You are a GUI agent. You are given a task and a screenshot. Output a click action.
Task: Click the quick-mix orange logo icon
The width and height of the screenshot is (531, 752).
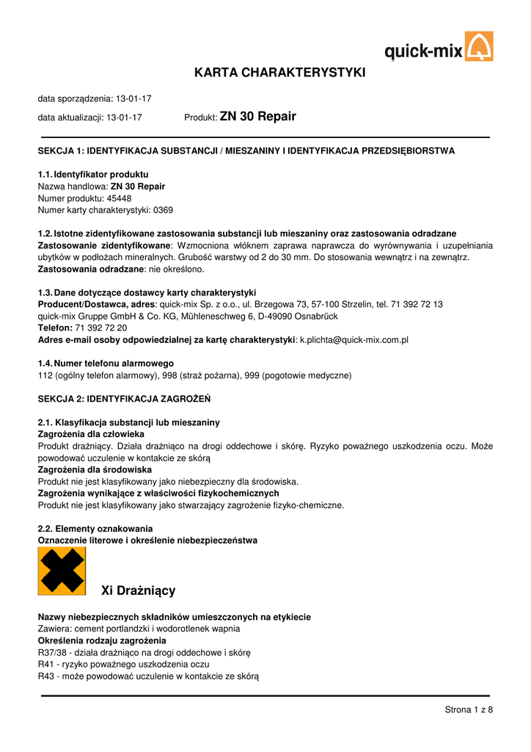point(480,46)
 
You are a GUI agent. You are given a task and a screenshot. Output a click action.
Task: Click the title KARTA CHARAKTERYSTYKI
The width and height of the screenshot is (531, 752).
point(279,73)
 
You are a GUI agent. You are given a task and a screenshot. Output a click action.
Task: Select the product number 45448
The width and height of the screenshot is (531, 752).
point(119,198)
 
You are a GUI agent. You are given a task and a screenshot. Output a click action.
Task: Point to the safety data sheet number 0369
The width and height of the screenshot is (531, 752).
point(163,210)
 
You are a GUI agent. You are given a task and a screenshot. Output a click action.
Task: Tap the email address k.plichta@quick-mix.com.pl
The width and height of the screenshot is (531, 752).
point(354,340)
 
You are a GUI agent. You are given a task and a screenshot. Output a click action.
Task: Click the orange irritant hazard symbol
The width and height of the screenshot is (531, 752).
point(62,571)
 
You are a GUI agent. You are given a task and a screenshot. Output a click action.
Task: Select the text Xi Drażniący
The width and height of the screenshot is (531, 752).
point(138,590)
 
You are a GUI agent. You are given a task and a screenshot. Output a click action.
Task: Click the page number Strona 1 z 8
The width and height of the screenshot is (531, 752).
point(469,709)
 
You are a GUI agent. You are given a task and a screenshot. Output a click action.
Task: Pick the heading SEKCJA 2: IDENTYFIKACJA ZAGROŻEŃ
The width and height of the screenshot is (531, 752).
point(124,399)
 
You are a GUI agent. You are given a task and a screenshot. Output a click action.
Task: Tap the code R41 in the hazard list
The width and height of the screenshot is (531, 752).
point(45,664)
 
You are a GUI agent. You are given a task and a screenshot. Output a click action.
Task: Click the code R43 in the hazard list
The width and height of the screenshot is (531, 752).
point(45,676)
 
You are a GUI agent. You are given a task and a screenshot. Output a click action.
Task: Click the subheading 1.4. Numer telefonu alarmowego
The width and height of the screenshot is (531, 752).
point(106,364)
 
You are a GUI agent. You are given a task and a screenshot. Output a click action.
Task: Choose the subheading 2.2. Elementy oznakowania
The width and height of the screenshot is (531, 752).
point(95,529)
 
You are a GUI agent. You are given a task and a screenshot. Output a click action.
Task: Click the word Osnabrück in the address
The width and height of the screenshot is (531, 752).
point(338,316)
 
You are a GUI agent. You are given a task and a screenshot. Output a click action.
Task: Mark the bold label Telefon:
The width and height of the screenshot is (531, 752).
point(55,328)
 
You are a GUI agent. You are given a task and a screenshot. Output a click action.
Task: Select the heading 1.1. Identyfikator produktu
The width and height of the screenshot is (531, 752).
point(93,175)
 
